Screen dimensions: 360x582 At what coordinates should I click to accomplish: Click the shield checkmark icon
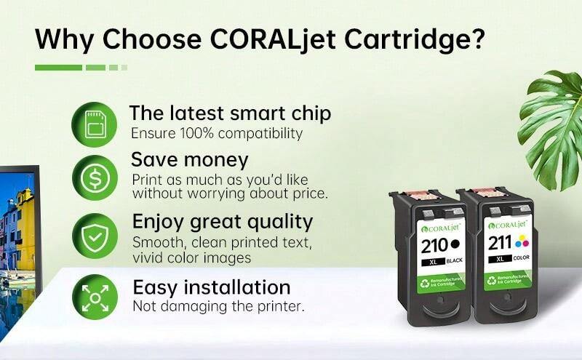(x=94, y=235)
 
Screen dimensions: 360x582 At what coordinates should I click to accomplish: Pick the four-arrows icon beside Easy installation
(x=94, y=297)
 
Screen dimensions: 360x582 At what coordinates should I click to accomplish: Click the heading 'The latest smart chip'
(x=230, y=113)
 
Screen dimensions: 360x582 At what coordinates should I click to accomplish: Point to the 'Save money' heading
(x=190, y=159)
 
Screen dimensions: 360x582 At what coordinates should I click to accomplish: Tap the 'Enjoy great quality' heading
(x=222, y=221)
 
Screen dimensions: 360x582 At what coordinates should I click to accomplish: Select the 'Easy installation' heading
(x=211, y=287)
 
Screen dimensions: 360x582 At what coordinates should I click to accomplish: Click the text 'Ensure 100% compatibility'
(x=216, y=134)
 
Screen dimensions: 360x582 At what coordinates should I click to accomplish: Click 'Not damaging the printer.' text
(x=218, y=306)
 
